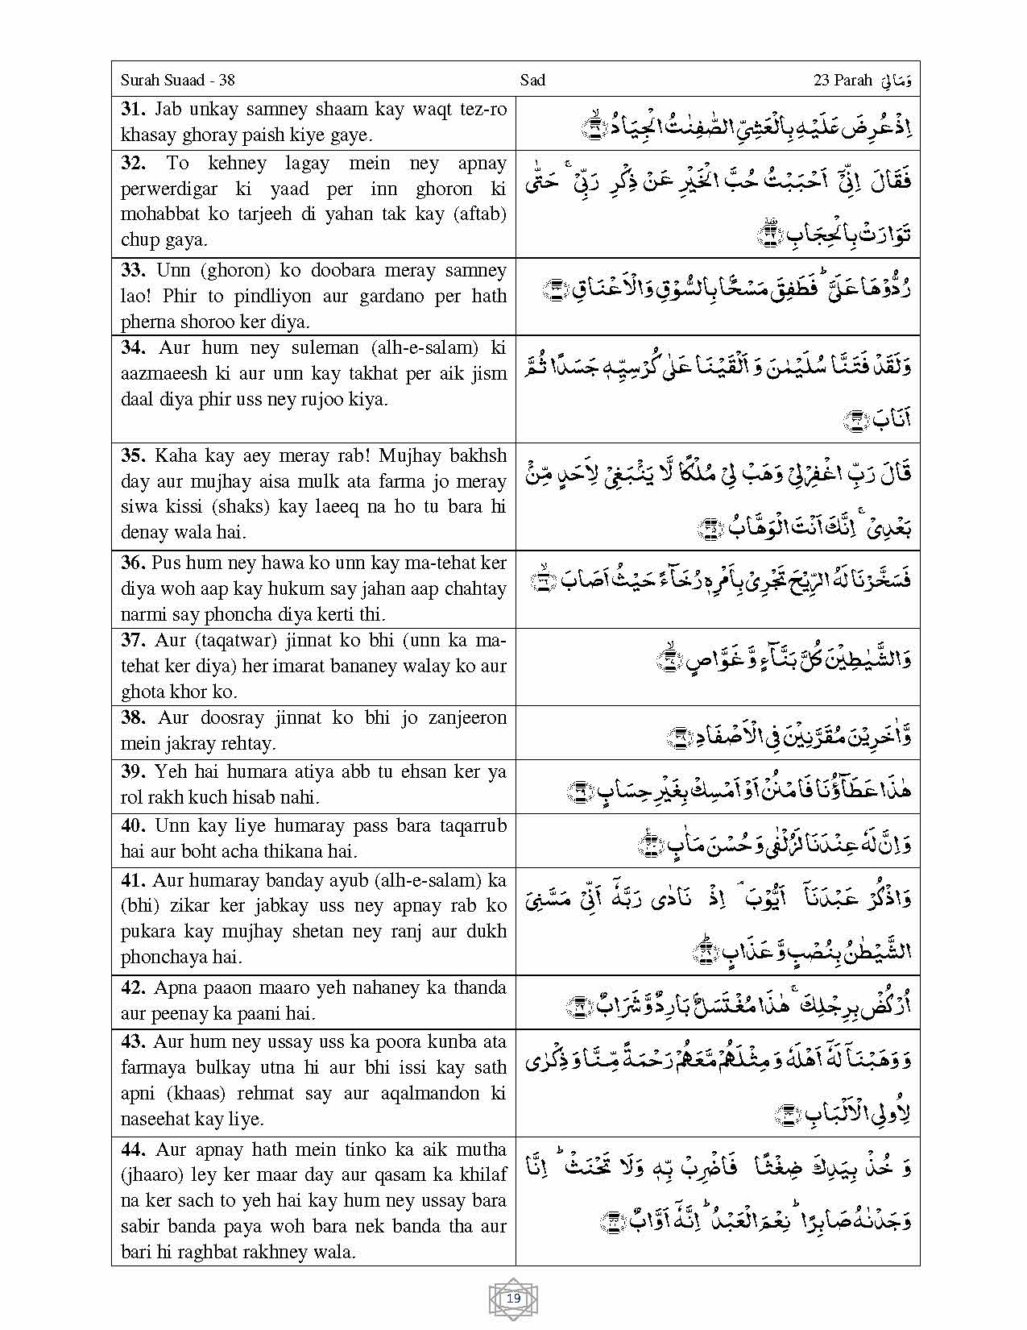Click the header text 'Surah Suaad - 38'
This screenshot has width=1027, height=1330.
point(177,80)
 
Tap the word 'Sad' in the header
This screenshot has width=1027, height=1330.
point(532,80)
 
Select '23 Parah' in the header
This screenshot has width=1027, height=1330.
point(843,80)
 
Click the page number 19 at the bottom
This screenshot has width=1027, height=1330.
point(514,1299)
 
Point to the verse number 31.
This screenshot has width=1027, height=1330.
point(132,109)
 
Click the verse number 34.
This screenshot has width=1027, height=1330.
point(132,347)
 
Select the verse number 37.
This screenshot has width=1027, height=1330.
point(132,640)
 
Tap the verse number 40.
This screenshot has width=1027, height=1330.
point(132,825)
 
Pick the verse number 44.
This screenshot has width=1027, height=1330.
point(132,1149)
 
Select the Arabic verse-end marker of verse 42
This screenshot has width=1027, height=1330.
point(578,1006)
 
